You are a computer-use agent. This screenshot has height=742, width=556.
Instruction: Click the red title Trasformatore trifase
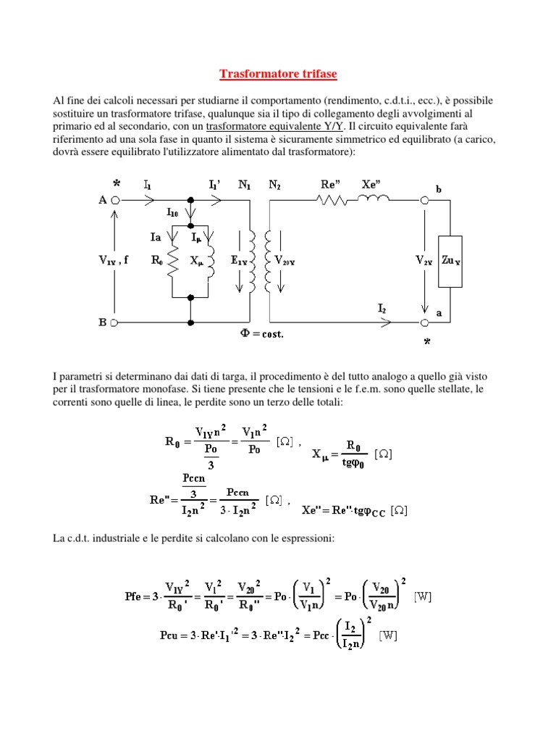pos(278,74)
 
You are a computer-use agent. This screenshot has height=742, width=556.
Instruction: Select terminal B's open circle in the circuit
pos(115,320)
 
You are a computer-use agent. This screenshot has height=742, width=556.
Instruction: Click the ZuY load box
pos(451,261)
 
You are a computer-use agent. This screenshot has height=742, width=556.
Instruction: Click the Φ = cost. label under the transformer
pos(261,334)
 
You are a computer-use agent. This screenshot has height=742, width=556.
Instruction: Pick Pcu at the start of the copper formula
pos(171,635)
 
